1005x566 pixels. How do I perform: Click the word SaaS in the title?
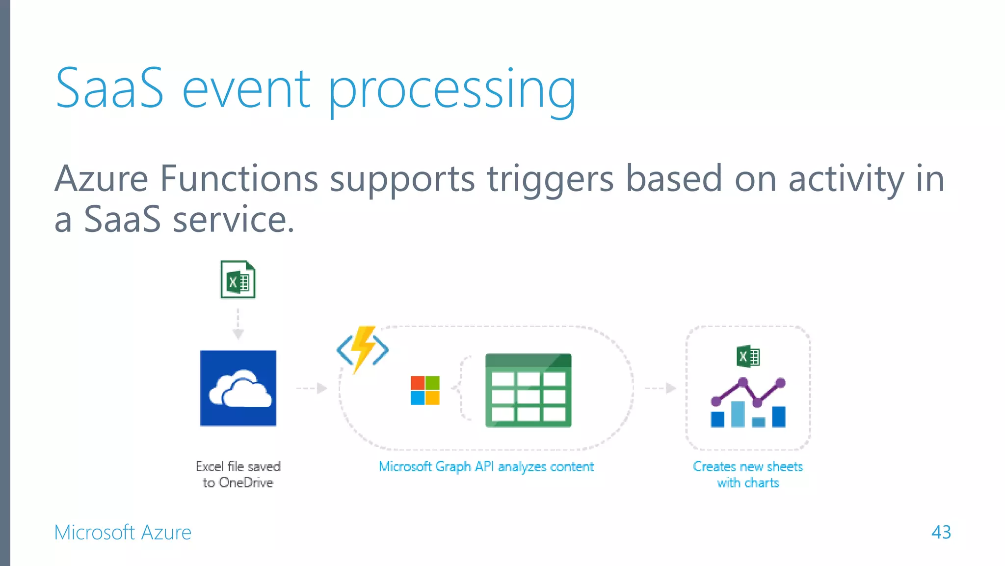point(109,89)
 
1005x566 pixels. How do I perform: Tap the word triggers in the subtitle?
point(550,180)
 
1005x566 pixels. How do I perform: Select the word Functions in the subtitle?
point(239,179)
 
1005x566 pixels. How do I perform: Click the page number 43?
point(941,532)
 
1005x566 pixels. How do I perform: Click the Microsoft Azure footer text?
point(123,533)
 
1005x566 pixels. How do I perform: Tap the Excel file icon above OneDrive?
point(238,280)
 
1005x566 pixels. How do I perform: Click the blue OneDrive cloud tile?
point(238,388)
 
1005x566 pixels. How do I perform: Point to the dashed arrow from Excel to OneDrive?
point(238,324)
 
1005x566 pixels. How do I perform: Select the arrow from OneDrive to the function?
point(312,388)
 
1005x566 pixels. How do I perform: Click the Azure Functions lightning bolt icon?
point(363,349)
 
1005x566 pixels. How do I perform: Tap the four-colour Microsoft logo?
point(425,391)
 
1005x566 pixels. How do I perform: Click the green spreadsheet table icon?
point(528,391)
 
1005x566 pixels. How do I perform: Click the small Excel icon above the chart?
point(748,357)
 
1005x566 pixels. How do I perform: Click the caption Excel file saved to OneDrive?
point(238,474)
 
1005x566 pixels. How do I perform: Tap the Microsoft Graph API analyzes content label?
point(486,466)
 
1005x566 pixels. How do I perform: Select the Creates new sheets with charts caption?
point(748,474)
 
